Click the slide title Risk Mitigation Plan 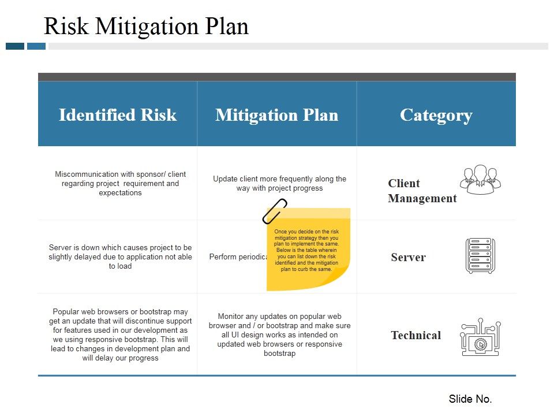(x=146, y=27)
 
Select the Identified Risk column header (x=118, y=115)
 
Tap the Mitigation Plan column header (x=276, y=115)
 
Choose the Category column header (x=436, y=115)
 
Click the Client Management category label (x=422, y=191)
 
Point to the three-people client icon (x=480, y=179)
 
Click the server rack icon (x=480, y=256)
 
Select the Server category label (x=408, y=257)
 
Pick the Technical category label (x=415, y=335)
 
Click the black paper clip (x=275, y=211)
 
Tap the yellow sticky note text (x=306, y=250)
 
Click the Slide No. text (x=470, y=399)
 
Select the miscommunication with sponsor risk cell (x=120, y=183)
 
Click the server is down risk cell (x=120, y=257)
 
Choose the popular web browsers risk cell (x=120, y=335)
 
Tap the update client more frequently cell (x=279, y=183)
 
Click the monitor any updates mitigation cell (x=279, y=335)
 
